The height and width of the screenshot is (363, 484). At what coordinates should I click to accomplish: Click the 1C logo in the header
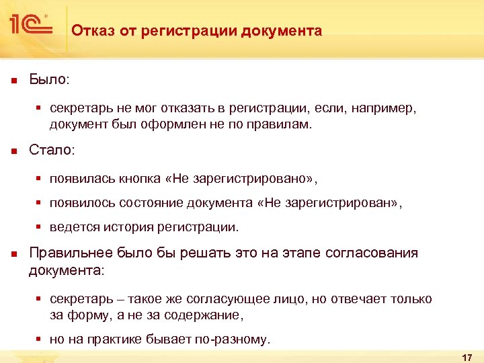pos(30,26)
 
